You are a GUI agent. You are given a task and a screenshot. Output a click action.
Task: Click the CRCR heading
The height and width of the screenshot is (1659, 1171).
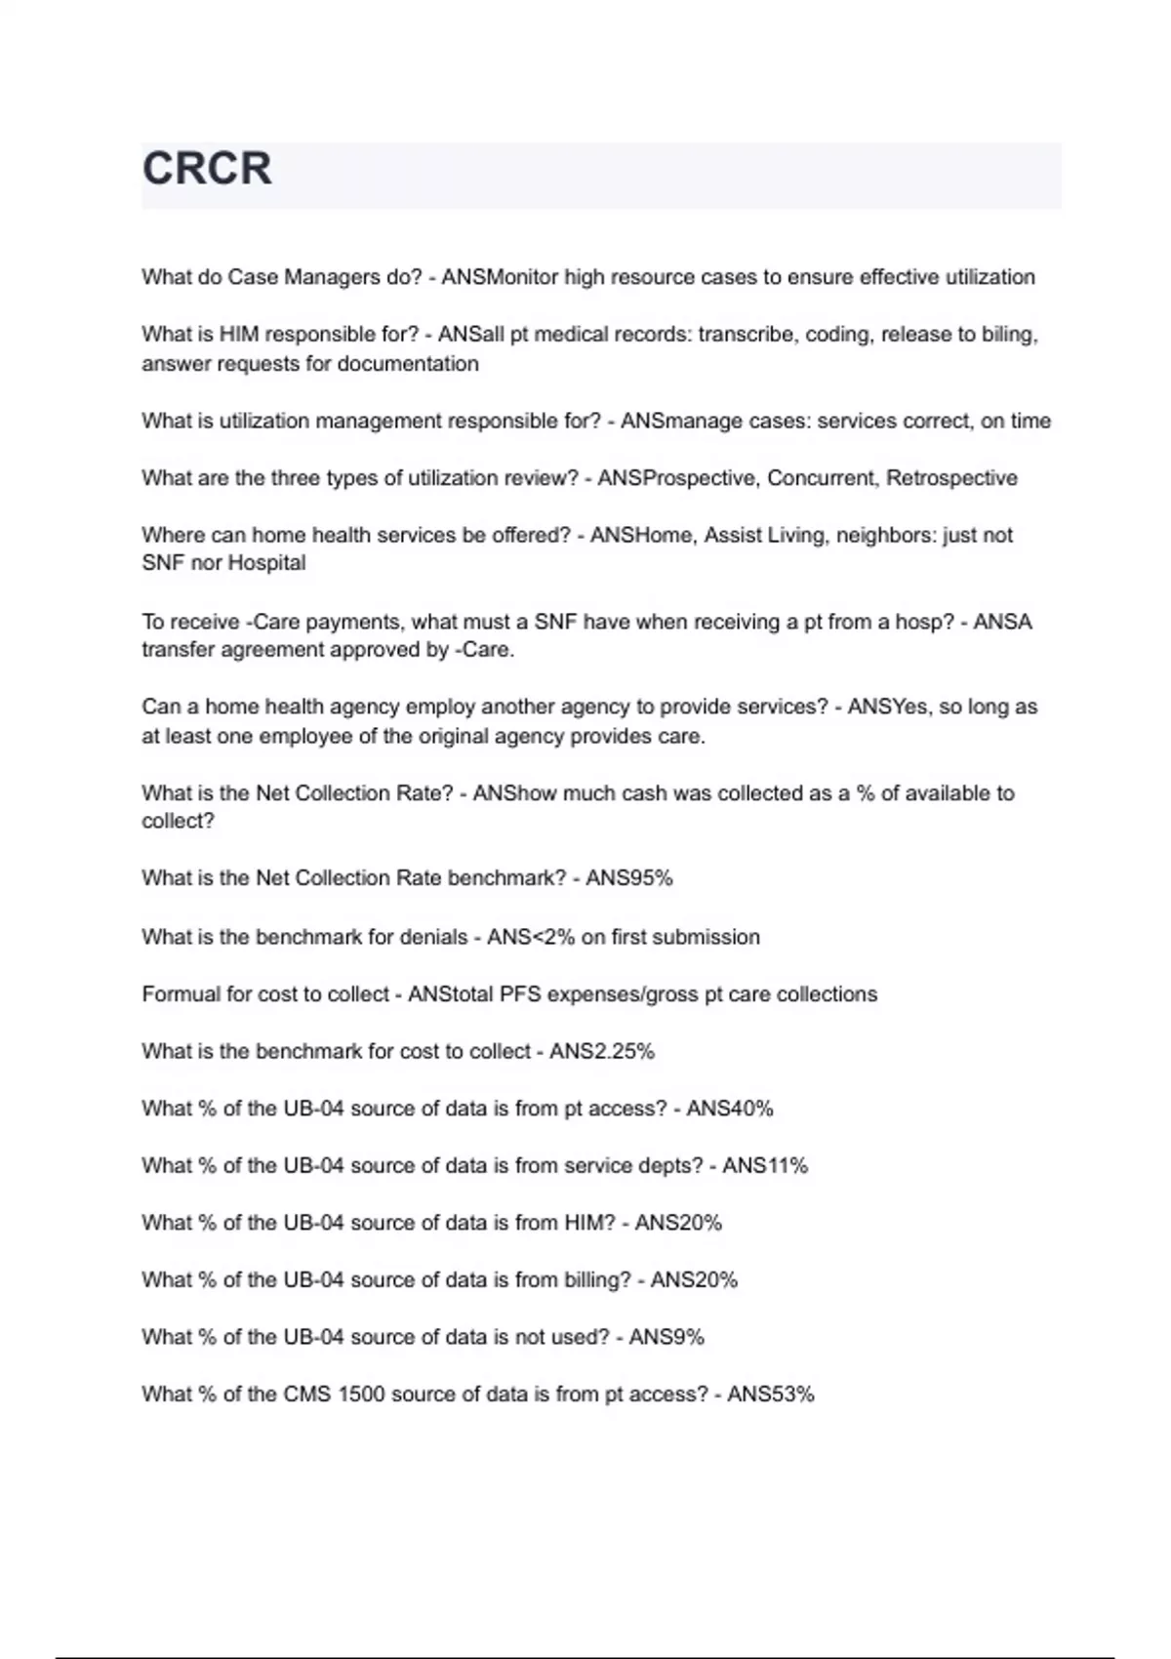207,169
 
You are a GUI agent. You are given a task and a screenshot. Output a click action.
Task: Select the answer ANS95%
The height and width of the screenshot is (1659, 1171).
629,878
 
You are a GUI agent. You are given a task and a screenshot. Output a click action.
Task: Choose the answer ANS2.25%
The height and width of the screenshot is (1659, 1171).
602,1052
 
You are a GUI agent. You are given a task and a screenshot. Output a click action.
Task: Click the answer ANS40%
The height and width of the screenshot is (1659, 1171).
730,1109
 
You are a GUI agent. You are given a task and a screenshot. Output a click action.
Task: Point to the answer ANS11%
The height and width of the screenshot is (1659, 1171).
765,1166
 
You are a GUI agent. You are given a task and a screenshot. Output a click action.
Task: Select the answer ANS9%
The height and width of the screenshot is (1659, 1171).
666,1337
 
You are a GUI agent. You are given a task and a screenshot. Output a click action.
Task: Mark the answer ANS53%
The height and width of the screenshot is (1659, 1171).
771,1395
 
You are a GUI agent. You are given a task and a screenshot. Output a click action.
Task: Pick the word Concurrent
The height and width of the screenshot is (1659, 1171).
822,478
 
